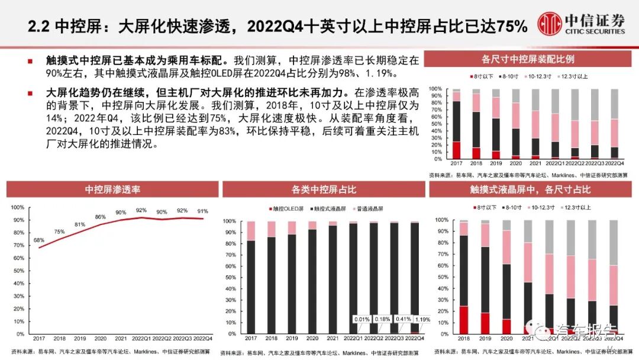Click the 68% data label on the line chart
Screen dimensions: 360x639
[x=39, y=240]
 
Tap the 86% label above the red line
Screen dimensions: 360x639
[x=100, y=217]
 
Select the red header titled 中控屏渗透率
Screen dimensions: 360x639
[x=112, y=189]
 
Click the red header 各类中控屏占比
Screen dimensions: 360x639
[x=323, y=189]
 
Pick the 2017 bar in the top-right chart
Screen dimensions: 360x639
[x=456, y=124]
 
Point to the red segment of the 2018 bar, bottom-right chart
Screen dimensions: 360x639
[x=463, y=320]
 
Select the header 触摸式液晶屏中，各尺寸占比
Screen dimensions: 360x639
[x=530, y=189]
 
